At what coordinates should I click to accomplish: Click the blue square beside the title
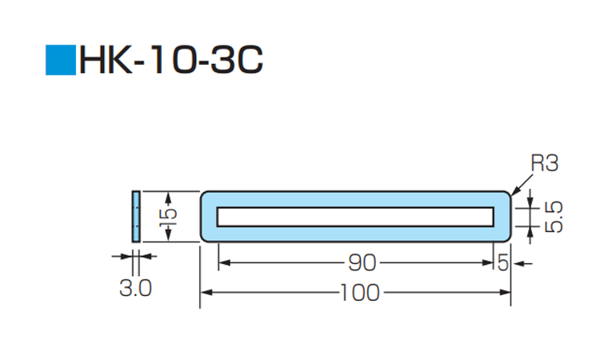click(x=61, y=60)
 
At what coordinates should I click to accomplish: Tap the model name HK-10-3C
click(x=171, y=60)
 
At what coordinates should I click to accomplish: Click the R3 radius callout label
click(x=545, y=163)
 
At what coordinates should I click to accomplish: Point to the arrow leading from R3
click(x=522, y=185)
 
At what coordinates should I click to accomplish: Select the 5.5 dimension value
click(x=554, y=217)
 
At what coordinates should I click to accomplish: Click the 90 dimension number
click(x=362, y=263)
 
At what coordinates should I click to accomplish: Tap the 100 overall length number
click(x=360, y=293)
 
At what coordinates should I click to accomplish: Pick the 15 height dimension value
click(x=168, y=218)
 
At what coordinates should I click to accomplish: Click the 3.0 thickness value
click(x=135, y=288)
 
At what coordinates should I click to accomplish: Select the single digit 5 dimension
click(x=502, y=263)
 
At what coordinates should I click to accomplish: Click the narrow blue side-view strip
click(x=136, y=217)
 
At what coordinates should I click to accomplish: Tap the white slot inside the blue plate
click(x=355, y=217)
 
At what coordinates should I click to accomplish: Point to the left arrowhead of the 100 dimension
click(x=206, y=293)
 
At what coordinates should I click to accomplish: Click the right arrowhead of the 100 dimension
click(x=505, y=293)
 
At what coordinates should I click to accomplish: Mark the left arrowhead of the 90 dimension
click(x=224, y=263)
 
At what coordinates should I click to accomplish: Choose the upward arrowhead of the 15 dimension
click(x=168, y=198)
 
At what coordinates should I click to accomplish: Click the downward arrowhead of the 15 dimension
click(x=168, y=235)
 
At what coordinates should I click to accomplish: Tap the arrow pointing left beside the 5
click(x=522, y=263)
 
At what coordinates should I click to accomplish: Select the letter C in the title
click(x=250, y=60)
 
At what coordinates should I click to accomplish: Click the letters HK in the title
click(x=106, y=60)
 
